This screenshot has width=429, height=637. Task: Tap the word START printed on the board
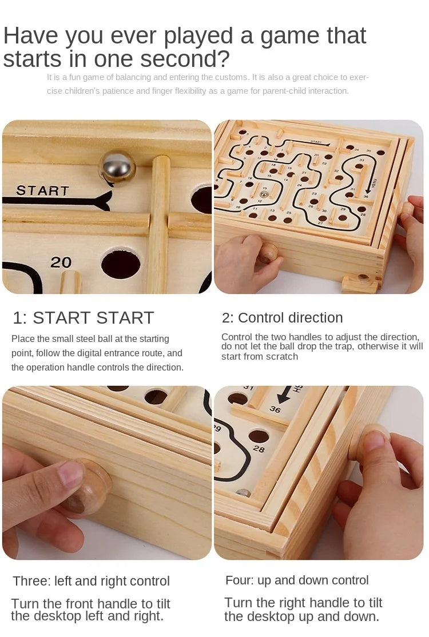[42, 190]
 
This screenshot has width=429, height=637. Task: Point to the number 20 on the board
[61, 262]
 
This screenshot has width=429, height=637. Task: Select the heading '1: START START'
[84, 318]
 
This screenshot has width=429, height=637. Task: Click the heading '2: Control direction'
[282, 318]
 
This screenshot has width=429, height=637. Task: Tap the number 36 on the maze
[275, 409]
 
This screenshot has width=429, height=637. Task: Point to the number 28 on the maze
[259, 449]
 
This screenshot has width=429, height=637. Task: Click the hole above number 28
[258, 436]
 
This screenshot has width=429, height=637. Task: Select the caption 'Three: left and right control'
[92, 581]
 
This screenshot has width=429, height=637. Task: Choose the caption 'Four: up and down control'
[297, 580]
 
